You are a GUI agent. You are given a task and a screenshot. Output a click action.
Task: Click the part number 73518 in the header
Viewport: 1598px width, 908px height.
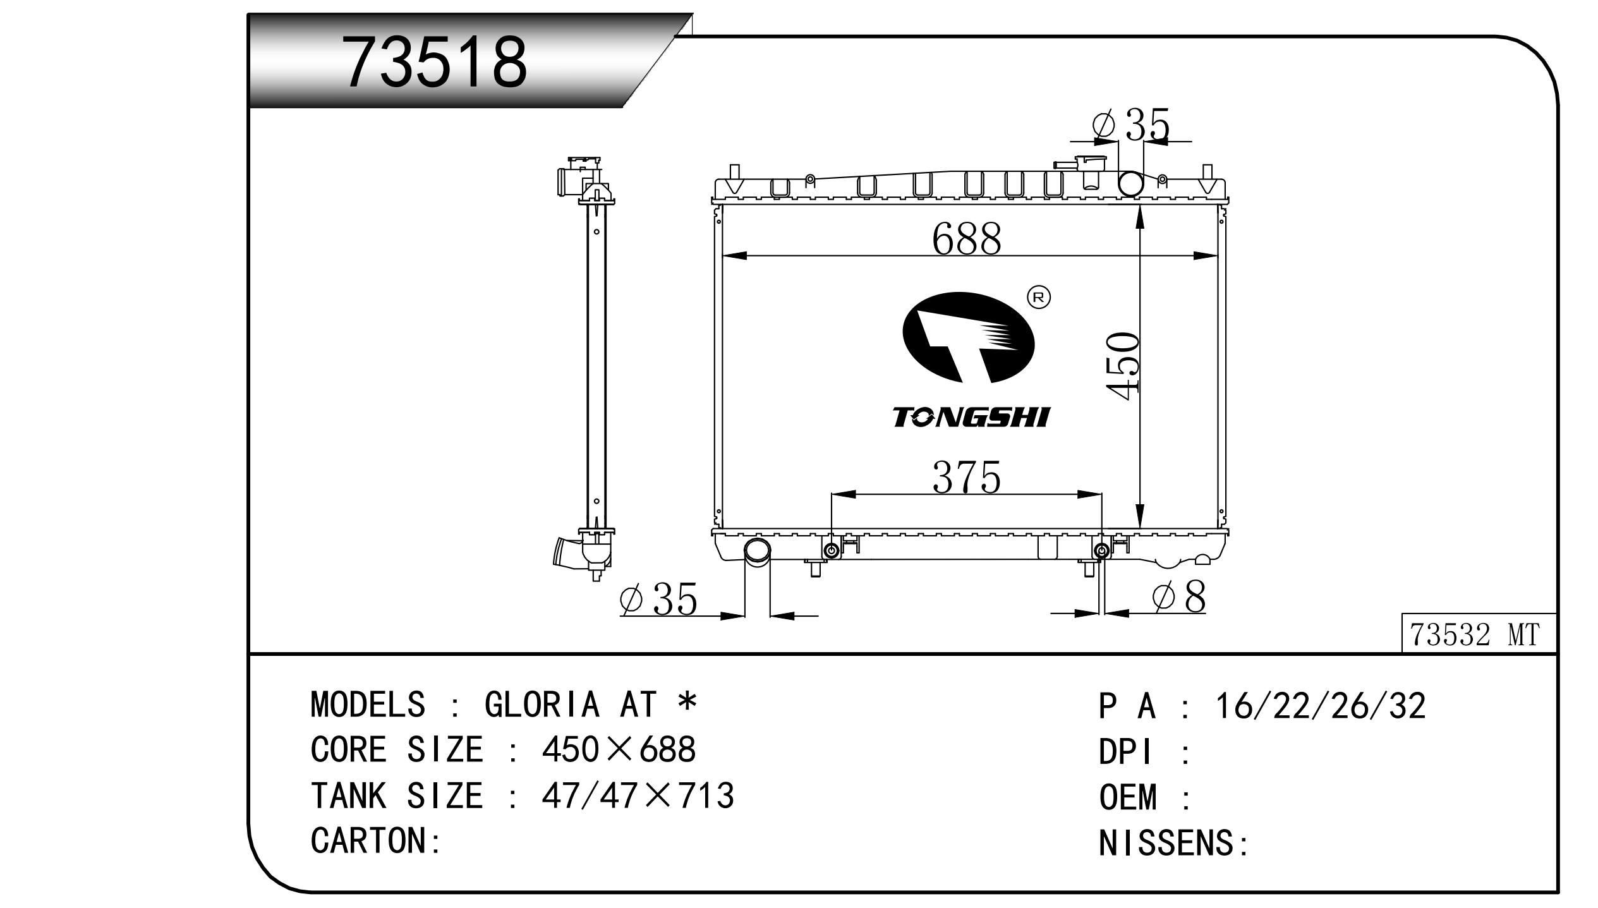click(435, 62)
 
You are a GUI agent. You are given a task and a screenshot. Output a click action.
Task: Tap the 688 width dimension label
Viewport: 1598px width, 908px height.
click(967, 239)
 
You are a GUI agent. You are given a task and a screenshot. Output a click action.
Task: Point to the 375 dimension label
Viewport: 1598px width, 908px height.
click(967, 477)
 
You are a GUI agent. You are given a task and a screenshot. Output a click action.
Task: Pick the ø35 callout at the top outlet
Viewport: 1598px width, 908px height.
click(1131, 124)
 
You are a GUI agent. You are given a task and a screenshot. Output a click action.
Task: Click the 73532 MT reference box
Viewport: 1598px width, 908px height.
click(1479, 634)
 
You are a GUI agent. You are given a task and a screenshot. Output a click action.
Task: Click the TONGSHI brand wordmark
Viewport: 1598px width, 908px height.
click(971, 417)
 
